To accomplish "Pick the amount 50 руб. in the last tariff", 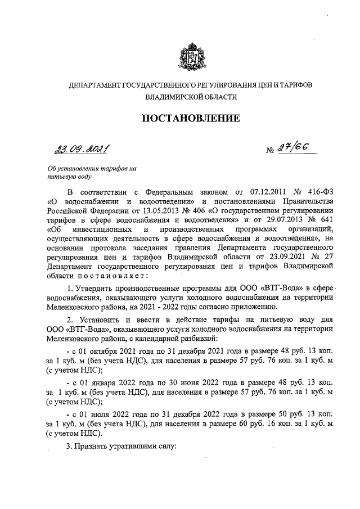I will pyautogui.click(x=283, y=413).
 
